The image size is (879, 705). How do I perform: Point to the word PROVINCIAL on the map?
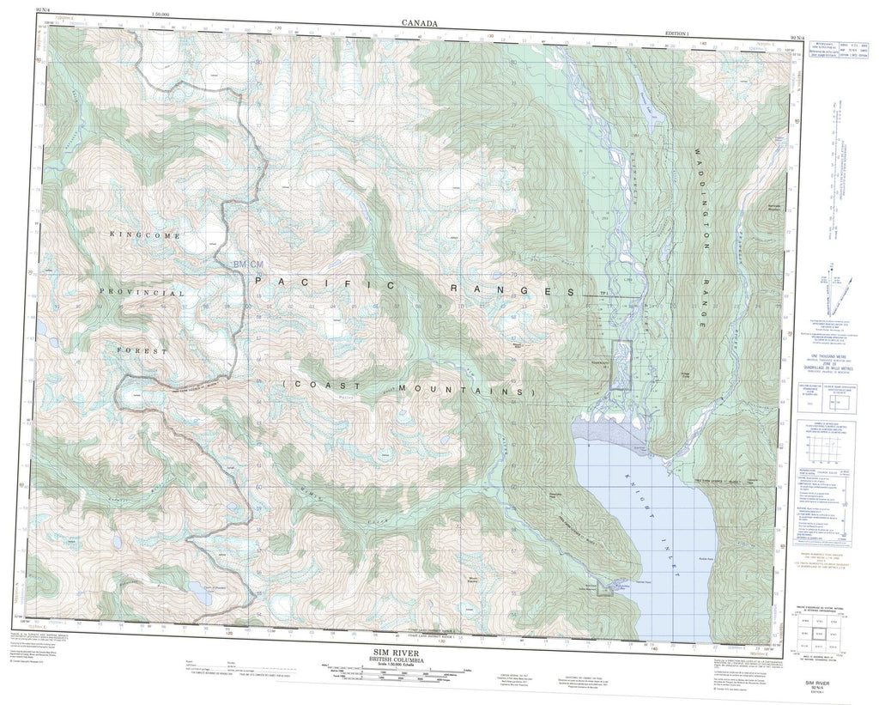click(x=142, y=293)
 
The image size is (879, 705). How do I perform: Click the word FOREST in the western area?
click(x=143, y=350)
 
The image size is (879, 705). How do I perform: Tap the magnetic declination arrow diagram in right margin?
click(x=834, y=287)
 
